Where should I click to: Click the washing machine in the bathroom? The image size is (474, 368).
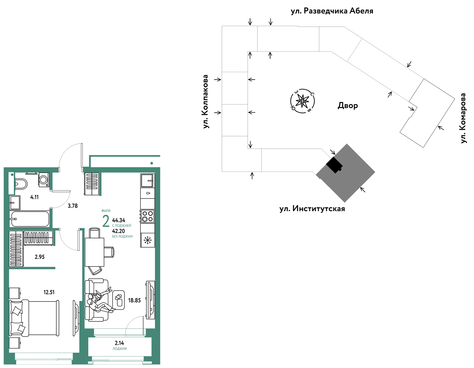44,180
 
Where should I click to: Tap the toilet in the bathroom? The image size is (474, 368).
21,184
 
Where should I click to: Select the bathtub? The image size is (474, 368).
30,219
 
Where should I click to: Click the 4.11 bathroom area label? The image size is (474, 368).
34,197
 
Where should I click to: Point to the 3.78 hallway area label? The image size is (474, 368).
73,206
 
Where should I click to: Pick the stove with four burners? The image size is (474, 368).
148,216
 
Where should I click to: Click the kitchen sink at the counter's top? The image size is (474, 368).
148,180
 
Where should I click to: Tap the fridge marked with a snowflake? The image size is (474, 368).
148,240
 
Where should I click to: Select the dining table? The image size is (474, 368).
94,252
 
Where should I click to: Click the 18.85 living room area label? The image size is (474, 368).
134,300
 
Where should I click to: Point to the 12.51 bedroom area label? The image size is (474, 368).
49,292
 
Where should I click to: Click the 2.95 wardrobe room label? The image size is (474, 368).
40,257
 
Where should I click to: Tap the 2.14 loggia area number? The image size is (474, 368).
119,343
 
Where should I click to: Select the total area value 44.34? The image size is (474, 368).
119,220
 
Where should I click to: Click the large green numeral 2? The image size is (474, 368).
106,221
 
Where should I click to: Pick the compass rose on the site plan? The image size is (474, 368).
302,101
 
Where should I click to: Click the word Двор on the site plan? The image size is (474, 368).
348,106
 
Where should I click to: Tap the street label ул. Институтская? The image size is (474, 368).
312,208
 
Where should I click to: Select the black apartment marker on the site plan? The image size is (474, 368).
334,165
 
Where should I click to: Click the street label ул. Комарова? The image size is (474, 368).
463,118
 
